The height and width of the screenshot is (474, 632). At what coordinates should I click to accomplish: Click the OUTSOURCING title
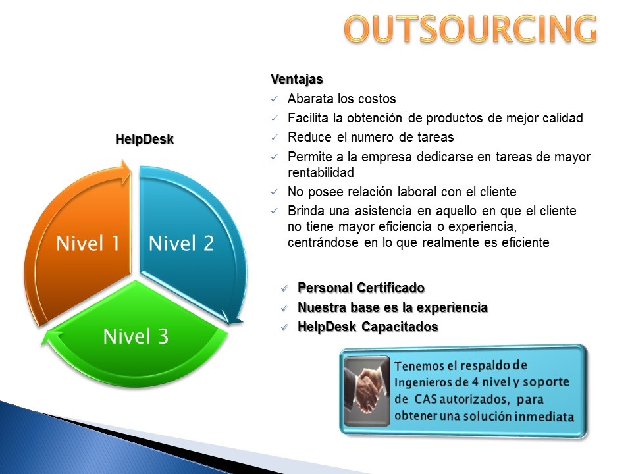[x=470, y=29]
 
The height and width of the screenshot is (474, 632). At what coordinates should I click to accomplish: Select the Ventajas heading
[x=297, y=80]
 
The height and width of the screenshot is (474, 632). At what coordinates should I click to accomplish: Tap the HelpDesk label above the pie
[x=144, y=139]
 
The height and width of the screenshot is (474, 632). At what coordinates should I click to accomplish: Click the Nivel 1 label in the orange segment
[x=88, y=244]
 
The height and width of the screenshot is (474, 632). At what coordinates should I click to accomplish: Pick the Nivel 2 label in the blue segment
[x=182, y=244]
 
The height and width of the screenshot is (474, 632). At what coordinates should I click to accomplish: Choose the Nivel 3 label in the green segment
[x=136, y=336]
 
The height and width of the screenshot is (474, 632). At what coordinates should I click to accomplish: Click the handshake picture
[x=367, y=391]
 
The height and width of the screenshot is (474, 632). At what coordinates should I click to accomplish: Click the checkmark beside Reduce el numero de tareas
[x=275, y=138]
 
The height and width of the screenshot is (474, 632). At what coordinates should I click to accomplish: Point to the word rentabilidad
[x=321, y=172]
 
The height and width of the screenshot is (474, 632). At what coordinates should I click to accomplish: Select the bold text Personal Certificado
[x=361, y=288]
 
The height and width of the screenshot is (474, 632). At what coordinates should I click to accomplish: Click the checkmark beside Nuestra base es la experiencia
[x=284, y=308]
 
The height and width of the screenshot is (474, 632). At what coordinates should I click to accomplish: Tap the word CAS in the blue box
[x=426, y=399]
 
